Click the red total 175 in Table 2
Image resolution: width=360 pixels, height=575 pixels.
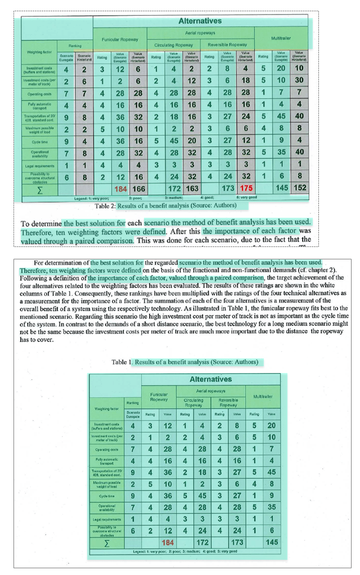(246, 188)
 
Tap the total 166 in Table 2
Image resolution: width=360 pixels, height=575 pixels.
(139, 188)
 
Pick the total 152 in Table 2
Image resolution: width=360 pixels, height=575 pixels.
(300, 188)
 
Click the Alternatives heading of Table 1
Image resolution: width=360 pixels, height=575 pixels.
(210, 379)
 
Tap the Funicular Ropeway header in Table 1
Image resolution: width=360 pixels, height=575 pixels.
(159, 396)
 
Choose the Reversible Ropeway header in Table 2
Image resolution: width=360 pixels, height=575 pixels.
(227, 44)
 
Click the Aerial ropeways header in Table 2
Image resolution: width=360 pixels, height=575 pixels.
(200, 34)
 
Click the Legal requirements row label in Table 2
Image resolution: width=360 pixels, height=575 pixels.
(39, 166)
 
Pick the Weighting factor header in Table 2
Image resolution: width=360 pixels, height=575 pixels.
(39, 53)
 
